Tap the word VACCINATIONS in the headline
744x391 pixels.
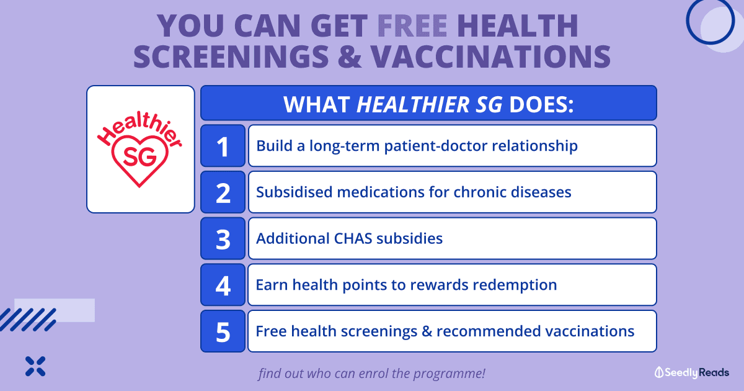tap(490, 56)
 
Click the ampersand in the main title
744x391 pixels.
tap(350, 56)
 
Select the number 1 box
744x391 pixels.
tap(223, 146)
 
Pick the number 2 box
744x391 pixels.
tap(223, 192)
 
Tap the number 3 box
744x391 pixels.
tap(223, 238)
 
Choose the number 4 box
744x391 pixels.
tap(223, 285)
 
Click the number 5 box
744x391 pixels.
tap(223, 331)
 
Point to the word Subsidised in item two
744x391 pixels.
tap(294, 192)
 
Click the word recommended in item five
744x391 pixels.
tap(489, 331)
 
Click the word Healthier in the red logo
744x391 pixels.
tap(139, 130)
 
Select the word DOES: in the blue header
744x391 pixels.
tap(541, 104)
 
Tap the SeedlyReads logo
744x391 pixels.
tap(692, 373)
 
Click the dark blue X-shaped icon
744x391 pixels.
tap(35, 366)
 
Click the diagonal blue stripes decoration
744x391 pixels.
tap(28, 320)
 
